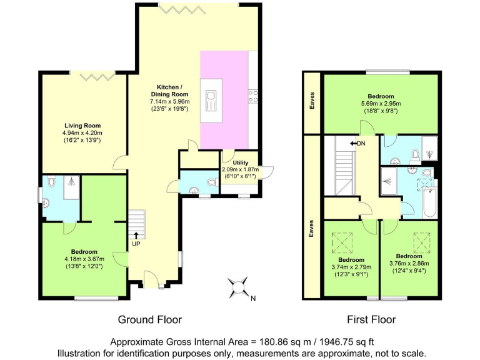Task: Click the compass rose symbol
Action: [x=238, y=288]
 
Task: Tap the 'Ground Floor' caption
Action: [x=150, y=319]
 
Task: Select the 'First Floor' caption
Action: [x=371, y=319]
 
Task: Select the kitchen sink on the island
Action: [x=211, y=99]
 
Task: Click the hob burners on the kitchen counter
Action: [x=254, y=96]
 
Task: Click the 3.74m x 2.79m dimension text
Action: [x=351, y=267]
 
